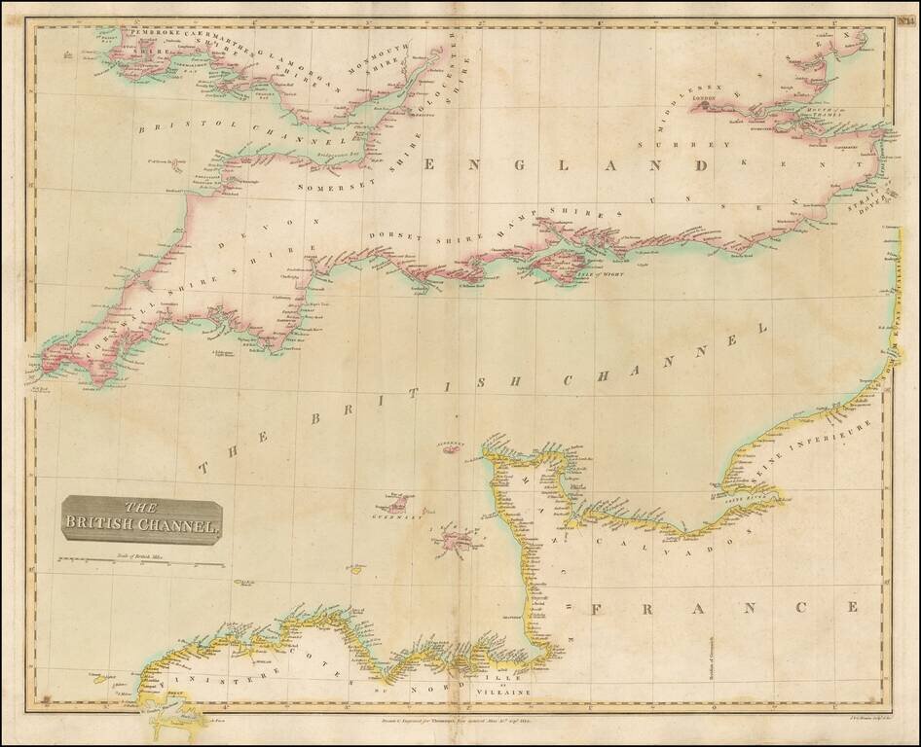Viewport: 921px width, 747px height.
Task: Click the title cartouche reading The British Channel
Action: [x=141, y=520]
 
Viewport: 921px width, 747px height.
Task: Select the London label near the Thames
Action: [x=703, y=99]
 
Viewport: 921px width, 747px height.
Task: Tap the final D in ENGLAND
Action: [x=699, y=166]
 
